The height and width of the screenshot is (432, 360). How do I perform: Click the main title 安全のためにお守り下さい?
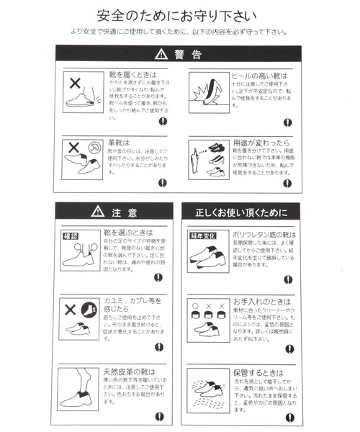coord(179,15)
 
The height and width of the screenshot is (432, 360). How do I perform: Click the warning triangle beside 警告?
coord(161,55)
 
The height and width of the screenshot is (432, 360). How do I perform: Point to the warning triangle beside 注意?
coord(99,212)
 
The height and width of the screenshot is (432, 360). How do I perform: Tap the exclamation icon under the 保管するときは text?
coord(288,416)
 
